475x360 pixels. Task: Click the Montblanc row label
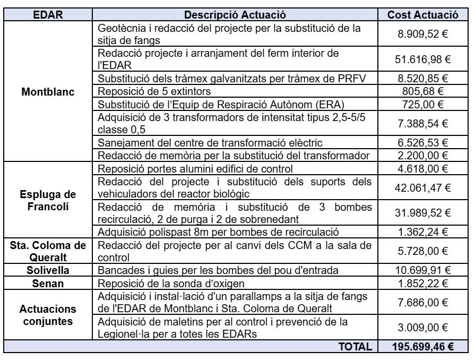point(48,91)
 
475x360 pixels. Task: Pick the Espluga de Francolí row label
point(48,200)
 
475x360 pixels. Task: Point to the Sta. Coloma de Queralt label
point(48,251)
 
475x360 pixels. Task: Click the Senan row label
point(48,284)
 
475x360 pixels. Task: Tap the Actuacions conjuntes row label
point(48,315)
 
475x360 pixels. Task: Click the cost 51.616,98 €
point(423,59)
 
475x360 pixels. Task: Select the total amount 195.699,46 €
point(423,346)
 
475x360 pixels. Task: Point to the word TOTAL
point(356,346)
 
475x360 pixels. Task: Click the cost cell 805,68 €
point(423,91)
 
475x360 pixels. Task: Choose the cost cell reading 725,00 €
point(423,104)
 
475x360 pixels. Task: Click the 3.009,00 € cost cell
point(423,328)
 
